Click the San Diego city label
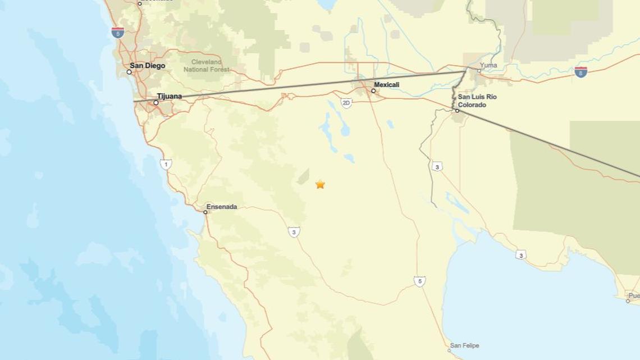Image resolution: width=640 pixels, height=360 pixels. pos(148,66)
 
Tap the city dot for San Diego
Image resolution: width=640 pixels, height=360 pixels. pos(129,72)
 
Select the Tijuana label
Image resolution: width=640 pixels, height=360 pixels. pos(170,96)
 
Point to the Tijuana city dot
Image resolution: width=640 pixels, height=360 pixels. pos(156,103)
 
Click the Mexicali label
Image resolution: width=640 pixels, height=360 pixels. pos(387,85)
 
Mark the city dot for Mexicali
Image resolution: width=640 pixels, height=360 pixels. pos(373,90)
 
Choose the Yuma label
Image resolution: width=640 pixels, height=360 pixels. pos(488,65)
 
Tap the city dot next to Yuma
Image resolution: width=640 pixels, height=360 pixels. pos(479,71)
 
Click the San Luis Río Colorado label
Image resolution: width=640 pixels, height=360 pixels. pos(477,101)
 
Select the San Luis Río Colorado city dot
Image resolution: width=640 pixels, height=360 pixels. pos(457,111)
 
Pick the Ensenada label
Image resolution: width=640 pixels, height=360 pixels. pos(222,207)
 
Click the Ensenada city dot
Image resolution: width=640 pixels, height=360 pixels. pos(205,212)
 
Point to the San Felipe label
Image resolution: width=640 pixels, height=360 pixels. pos(465,345)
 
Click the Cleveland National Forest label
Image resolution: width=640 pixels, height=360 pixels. pos(207,66)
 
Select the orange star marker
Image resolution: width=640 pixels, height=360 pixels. pos(320,184)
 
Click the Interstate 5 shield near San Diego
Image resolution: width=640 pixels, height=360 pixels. pos(117,33)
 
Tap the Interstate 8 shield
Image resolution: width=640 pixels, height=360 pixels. pos(580,72)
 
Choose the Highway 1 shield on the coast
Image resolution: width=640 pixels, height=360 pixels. pos(165,164)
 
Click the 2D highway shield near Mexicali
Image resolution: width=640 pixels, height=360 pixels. pos(346,103)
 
